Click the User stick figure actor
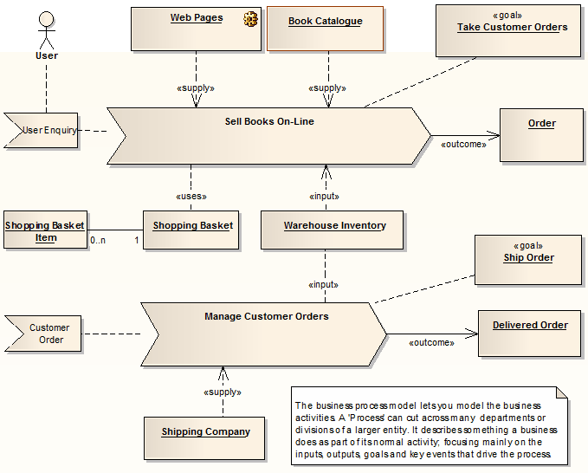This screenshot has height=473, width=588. [46, 30]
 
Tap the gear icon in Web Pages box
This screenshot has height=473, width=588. [251, 18]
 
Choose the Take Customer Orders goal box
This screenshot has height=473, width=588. [508, 31]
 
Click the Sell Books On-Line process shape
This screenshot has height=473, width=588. [268, 136]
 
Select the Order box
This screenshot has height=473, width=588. [541, 135]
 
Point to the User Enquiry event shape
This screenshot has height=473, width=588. [42, 131]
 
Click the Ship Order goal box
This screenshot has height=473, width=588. [528, 259]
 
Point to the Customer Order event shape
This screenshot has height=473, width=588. [48, 334]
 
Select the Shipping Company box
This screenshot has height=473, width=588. [205, 437]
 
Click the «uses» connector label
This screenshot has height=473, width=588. [191, 196]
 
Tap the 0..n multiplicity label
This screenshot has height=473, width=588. [98, 239]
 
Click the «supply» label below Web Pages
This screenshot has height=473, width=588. [195, 87]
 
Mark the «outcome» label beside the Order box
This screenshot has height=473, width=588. [463, 144]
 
